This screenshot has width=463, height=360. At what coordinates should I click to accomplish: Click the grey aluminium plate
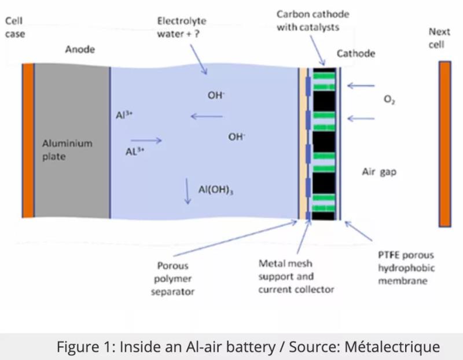click(72, 141)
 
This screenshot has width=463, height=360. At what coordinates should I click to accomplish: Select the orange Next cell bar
click(444, 144)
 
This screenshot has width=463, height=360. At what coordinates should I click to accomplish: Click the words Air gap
click(379, 172)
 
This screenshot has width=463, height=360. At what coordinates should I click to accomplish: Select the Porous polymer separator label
click(172, 279)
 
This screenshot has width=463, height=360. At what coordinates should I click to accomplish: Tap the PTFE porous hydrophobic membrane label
click(405, 268)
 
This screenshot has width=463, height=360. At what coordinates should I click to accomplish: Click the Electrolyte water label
click(181, 27)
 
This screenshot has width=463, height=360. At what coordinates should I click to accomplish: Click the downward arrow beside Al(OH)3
click(188, 191)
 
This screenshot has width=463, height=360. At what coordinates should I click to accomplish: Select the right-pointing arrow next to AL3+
click(146, 141)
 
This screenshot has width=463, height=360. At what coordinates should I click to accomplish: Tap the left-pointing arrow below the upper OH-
click(207, 117)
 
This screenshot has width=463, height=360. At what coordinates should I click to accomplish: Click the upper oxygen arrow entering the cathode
click(362, 87)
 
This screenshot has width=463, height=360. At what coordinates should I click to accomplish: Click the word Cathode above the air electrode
click(356, 53)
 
